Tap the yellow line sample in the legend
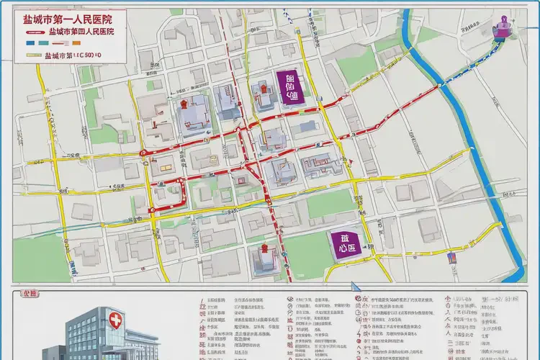tap(33, 55)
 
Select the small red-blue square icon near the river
tap(451, 255)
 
